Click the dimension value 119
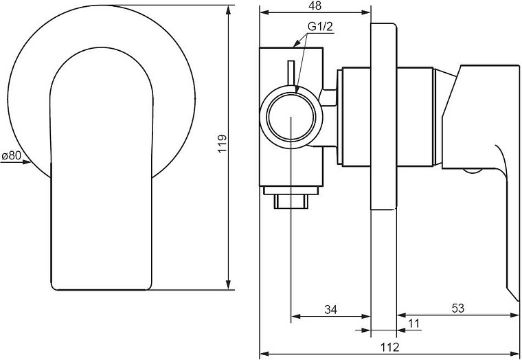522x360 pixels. click(x=222, y=144)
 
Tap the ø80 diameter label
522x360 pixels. click(x=11, y=155)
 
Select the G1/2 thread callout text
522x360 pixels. click(x=320, y=27)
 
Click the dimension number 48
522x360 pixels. click(x=315, y=5)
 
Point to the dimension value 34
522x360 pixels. click(x=330, y=309)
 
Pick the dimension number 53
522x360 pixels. click(x=457, y=308)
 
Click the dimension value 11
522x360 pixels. click(x=413, y=323)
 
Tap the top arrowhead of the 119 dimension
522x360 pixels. click(x=228, y=10)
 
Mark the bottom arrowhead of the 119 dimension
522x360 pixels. click(x=228, y=285)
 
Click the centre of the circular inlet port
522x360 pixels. click(x=291, y=117)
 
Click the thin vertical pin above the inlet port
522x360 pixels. click(x=291, y=74)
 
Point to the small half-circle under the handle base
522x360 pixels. click(x=472, y=170)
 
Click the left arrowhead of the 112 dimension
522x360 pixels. click(x=264, y=354)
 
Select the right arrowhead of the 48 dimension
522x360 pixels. click(x=366, y=12)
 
